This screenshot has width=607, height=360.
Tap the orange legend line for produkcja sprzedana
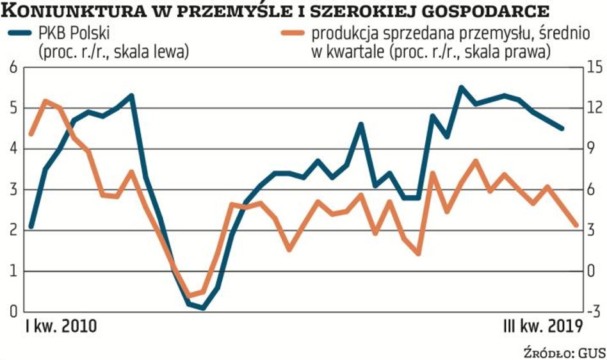[x=292, y=35]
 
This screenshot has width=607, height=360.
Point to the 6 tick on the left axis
[x=11, y=67]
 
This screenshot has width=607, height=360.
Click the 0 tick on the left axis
[x=11, y=312]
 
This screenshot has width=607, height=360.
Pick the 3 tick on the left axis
[x=11, y=190]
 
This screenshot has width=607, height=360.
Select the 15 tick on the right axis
[x=594, y=67]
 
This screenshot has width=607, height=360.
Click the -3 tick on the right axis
[x=594, y=312]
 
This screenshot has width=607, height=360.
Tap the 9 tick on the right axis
[x=594, y=149]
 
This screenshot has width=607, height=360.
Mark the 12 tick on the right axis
[x=594, y=108]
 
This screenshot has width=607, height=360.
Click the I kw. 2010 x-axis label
[x=61, y=326]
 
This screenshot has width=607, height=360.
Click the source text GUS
[x=592, y=352]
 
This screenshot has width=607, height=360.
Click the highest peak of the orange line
[x=45, y=101]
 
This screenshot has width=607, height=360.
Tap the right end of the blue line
[x=562, y=128]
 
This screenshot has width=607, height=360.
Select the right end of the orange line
[x=576, y=225]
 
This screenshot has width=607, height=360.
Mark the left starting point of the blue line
[x=31, y=227]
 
